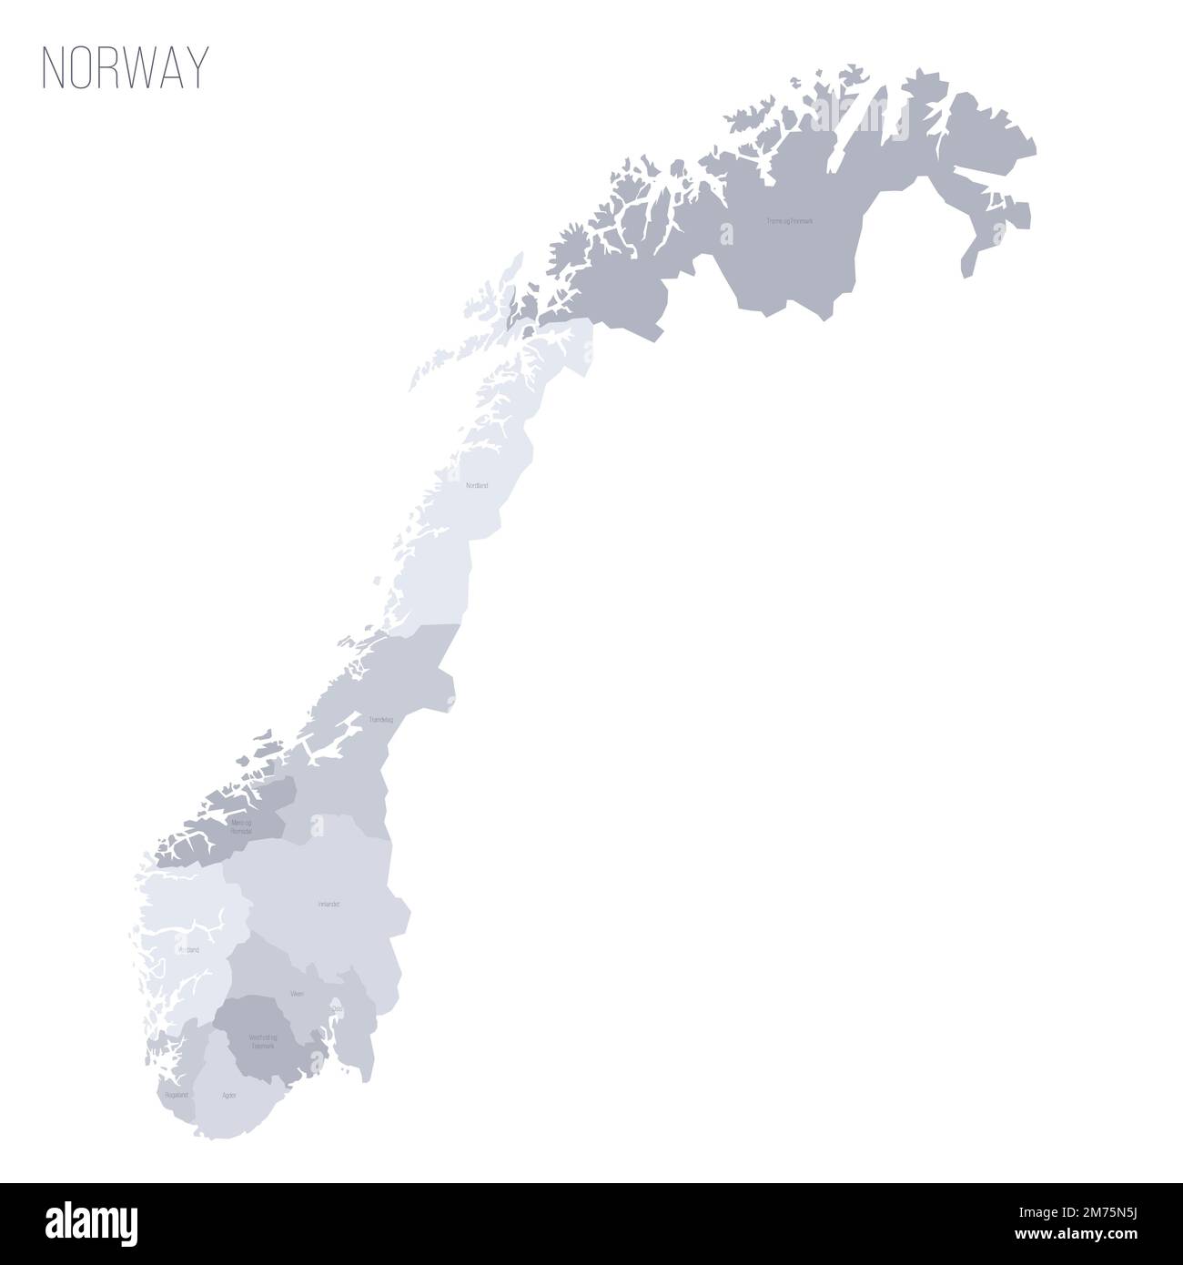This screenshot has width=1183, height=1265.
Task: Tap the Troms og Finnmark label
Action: (x=788, y=221)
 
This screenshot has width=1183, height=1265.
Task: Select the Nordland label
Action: (x=477, y=486)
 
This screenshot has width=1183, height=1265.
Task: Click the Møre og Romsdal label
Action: (x=241, y=826)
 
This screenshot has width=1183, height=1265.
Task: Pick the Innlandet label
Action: (x=329, y=905)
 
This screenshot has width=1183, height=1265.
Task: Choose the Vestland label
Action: (x=188, y=949)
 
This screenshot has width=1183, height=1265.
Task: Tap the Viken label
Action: (x=297, y=994)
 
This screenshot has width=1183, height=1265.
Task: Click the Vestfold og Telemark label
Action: (x=262, y=1041)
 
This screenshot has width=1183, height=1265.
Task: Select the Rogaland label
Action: (x=177, y=1095)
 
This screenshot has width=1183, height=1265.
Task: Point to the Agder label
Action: (x=229, y=1096)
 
